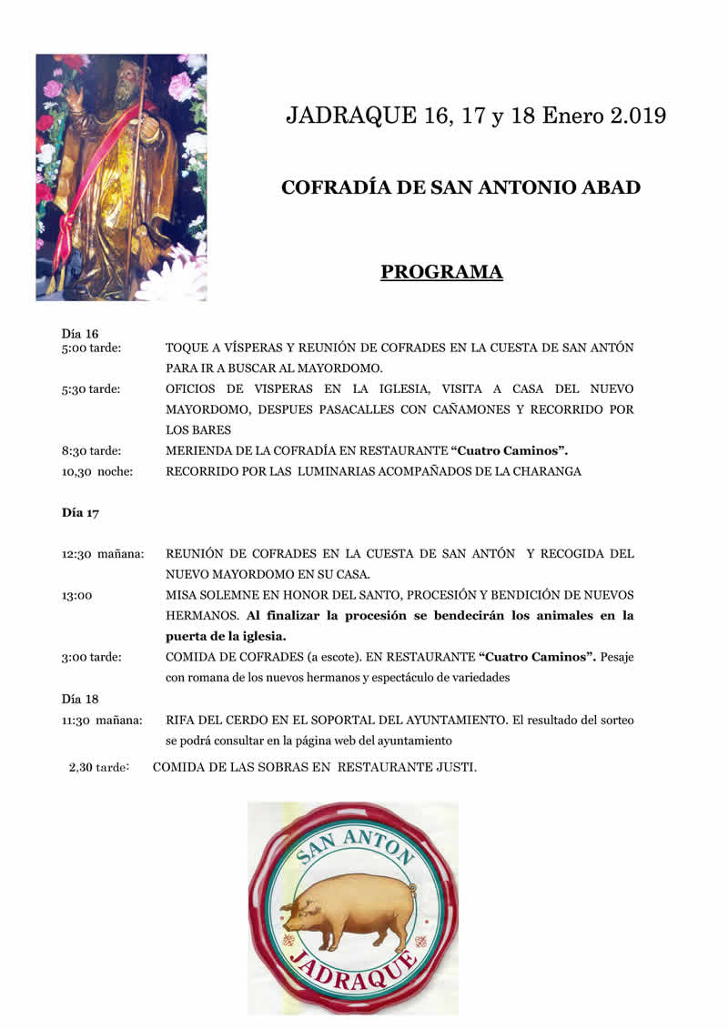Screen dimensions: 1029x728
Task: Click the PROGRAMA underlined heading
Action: [441, 272]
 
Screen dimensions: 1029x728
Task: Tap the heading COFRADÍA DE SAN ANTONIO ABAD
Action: [460, 187]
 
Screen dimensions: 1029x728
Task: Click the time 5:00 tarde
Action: [92, 348]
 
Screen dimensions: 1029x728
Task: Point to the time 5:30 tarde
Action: [92, 389]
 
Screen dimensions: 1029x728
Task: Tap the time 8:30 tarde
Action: [92, 450]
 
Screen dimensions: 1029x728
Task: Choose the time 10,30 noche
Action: [97, 471]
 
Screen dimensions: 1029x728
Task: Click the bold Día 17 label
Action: [80, 512]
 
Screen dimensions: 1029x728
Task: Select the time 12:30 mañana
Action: [103, 554]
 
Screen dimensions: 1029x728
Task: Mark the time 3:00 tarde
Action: [92, 657]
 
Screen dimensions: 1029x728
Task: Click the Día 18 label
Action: [80, 699]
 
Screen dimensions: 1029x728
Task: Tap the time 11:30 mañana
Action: [102, 721]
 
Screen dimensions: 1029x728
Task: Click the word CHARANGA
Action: [547, 471]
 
